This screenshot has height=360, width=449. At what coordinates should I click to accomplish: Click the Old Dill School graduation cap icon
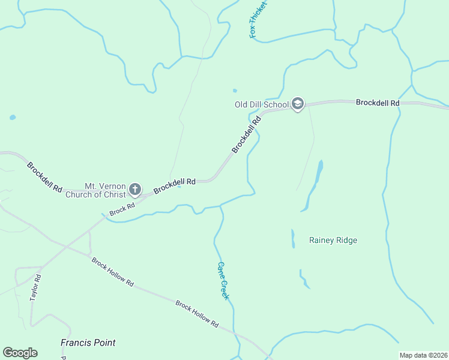pyautogui.click(x=297, y=104)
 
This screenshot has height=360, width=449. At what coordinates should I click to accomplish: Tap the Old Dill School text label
pyautogui.click(x=261, y=104)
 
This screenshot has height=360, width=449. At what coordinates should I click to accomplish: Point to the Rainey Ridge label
pyautogui.click(x=333, y=241)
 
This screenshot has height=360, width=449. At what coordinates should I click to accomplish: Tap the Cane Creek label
pyautogui.click(x=223, y=281)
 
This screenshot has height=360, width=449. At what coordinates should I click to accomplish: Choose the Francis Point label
pyautogui.click(x=88, y=343)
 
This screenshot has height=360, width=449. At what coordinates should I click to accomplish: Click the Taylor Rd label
pyautogui.click(x=36, y=288)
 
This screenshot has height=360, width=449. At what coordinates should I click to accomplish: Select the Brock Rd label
pyautogui.click(x=122, y=208)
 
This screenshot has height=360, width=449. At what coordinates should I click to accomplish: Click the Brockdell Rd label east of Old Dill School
pyautogui.click(x=378, y=103)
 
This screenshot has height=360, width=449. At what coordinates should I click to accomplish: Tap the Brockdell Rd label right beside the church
pyautogui.click(x=175, y=185)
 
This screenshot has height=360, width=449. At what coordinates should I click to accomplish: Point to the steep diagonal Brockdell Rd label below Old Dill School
pyautogui.click(x=247, y=134)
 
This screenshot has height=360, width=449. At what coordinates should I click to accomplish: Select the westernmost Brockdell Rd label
pyautogui.click(x=44, y=176)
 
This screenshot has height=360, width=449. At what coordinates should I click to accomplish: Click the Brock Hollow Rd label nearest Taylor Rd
pyautogui.click(x=112, y=272)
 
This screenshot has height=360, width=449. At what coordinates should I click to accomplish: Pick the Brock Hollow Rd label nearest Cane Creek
pyautogui.click(x=197, y=314)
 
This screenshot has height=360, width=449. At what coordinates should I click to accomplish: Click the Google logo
pyautogui.click(x=20, y=353)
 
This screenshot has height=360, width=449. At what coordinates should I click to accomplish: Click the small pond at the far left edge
pyautogui.click(x=13, y=118)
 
